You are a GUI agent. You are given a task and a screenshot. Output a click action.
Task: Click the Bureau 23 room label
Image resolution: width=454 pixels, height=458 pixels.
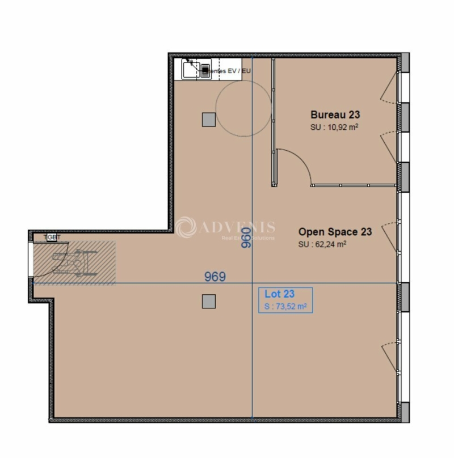tap(335, 114)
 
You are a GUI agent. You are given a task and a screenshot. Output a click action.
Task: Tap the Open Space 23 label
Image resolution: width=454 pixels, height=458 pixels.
tap(335, 232)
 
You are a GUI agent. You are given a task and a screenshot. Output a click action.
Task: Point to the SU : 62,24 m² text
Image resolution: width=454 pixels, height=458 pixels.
tap(322, 245)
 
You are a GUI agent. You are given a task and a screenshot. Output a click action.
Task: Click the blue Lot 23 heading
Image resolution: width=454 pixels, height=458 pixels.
tap(279, 294)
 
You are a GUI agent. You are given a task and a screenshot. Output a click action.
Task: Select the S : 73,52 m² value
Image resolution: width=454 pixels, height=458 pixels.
tap(285, 307)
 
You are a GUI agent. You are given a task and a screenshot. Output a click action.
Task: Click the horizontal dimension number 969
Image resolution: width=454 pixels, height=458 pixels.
tap(215, 277)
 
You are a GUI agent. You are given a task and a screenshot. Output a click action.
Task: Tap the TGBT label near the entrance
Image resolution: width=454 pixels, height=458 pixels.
tap(52, 238)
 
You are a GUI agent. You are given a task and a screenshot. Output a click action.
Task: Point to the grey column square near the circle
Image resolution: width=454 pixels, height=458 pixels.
tap(209, 119)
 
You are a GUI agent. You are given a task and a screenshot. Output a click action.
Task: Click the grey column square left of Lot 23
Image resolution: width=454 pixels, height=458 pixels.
tap(209, 301)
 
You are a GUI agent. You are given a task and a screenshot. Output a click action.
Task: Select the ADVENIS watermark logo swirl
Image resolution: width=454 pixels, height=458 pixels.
tap(186, 228)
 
